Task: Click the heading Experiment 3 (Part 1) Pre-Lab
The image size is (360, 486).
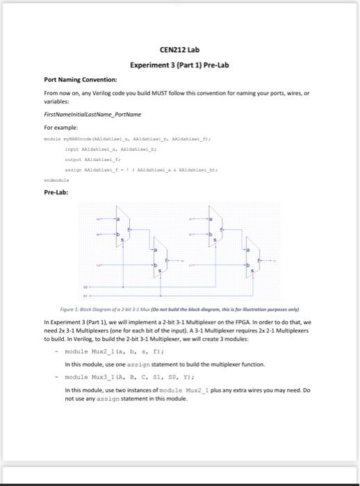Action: [179, 65]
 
